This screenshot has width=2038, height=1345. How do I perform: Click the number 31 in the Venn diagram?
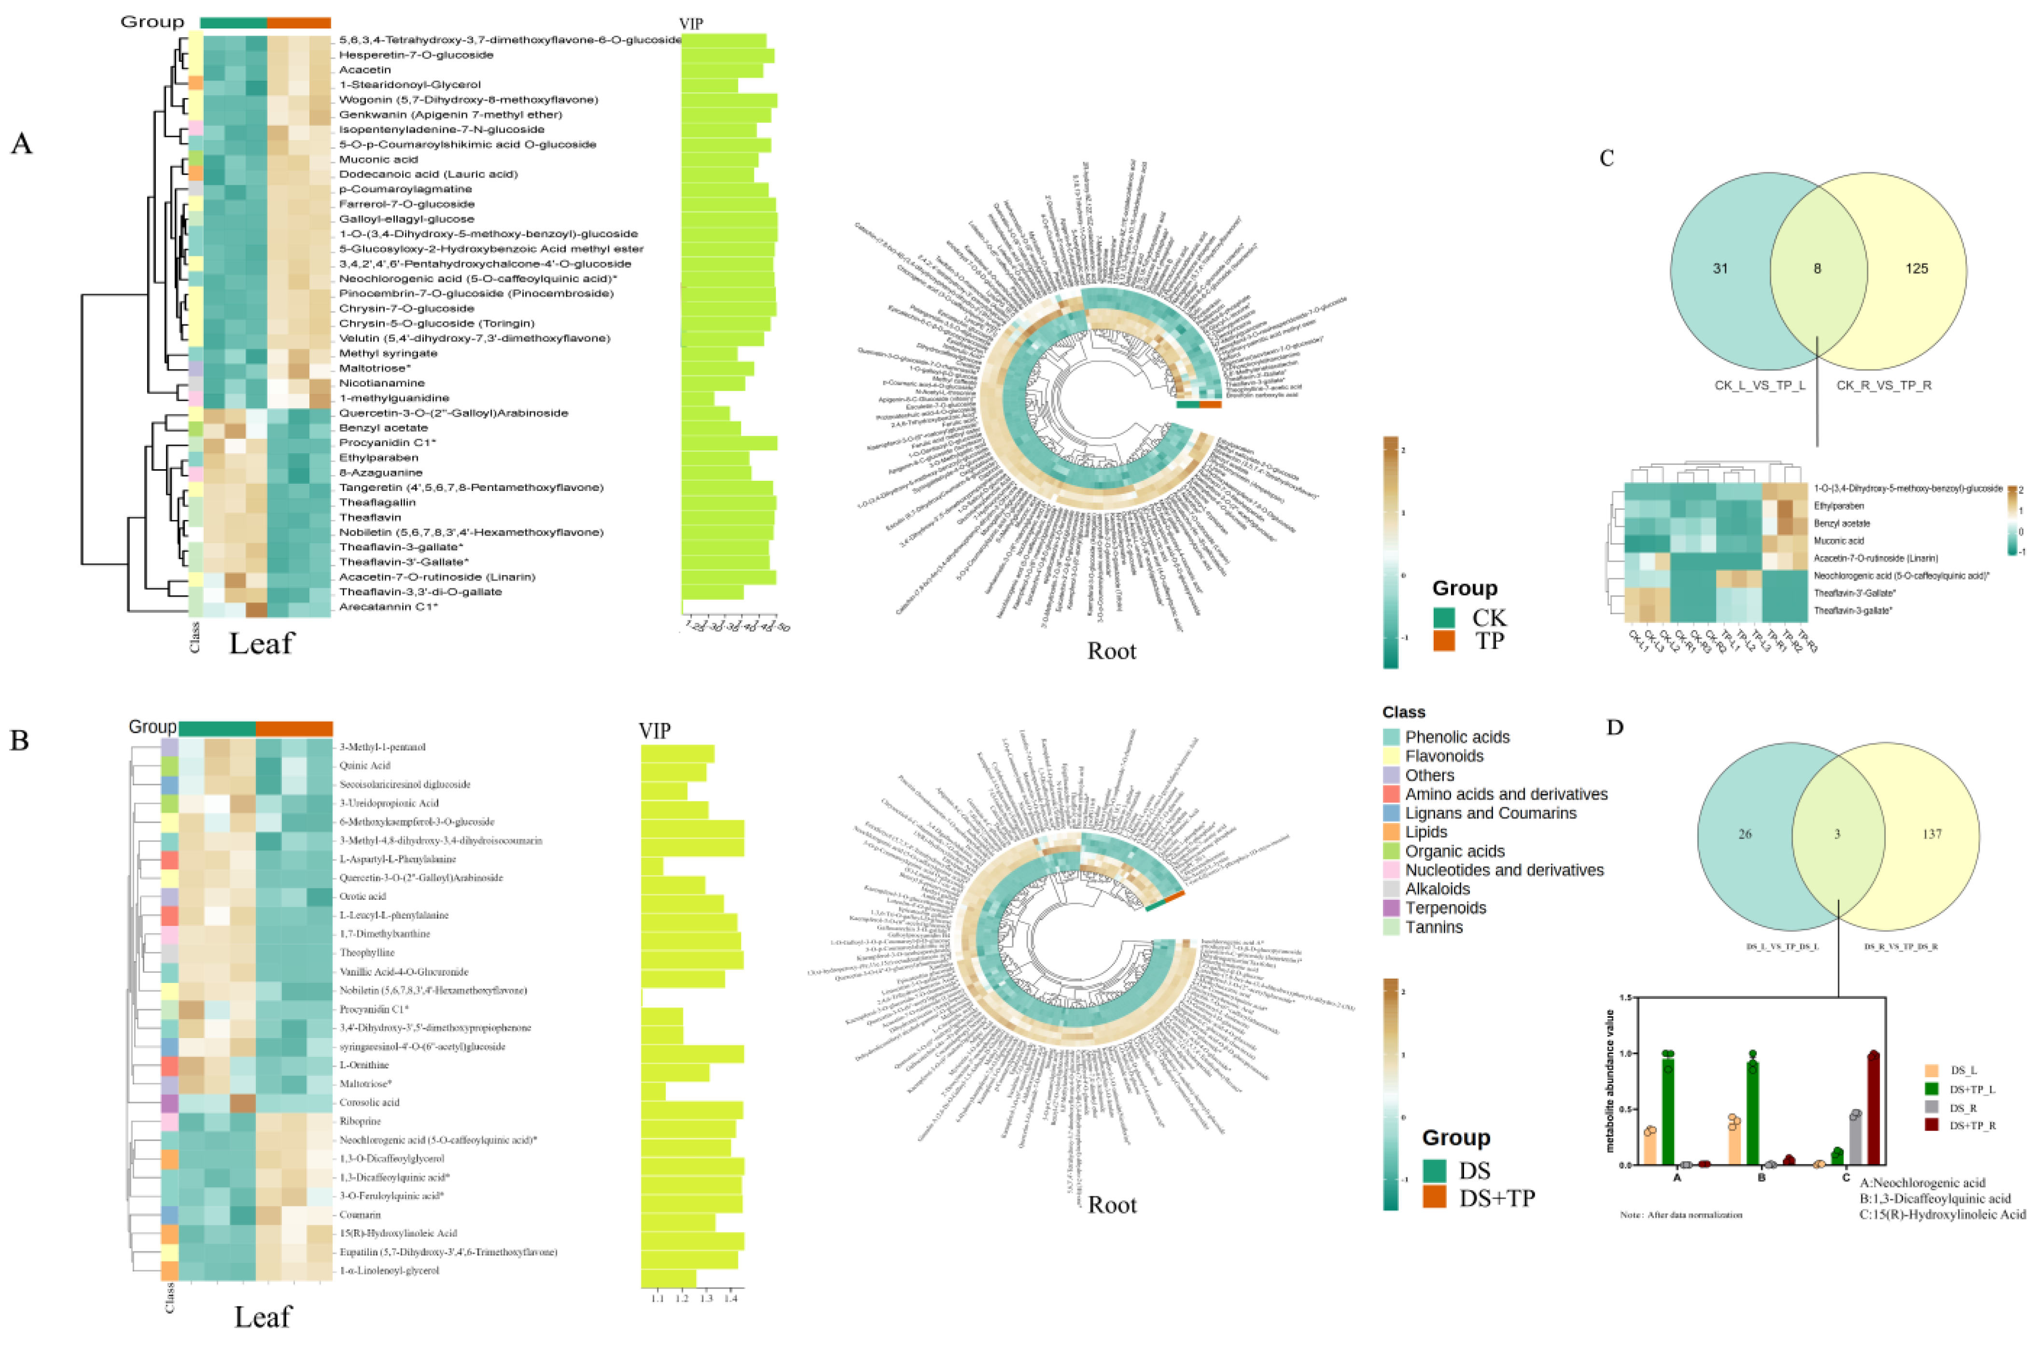click(x=1720, y=268)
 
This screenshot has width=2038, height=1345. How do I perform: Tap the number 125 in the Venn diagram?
click(x=1916, y=268)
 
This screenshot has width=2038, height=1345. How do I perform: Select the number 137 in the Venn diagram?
click(x=1932, y=834)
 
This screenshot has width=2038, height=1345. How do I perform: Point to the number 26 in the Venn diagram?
click(x=1745, y=834)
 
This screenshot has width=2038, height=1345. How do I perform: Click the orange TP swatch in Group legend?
click(x=1444, y=641)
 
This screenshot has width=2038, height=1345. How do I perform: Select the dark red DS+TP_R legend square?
click(x=1932, y=1124)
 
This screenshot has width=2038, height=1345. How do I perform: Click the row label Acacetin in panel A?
click(x=364, y=70)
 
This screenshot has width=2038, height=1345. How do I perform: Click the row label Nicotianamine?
click(x=382, y=382)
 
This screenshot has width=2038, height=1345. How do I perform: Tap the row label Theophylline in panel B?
click(x=367, y=952)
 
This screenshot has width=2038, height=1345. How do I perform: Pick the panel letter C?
click(x=1606, y=158)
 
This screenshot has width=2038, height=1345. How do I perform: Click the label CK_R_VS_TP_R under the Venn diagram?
click(x=1884, y=385)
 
